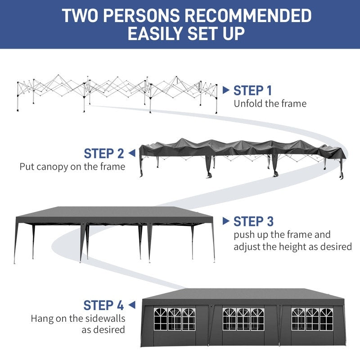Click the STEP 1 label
[252, 90]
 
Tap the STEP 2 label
[103, 153]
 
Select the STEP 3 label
[253, 221]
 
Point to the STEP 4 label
[103, 305]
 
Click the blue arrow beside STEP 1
[226, 90]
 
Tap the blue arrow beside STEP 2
[131, 153]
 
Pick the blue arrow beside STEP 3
[226, 221]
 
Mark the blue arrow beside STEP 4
[131, 305]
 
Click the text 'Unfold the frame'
[270, 103]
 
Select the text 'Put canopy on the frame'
[72, 166]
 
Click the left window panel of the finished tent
[175, 319]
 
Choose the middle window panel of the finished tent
[243, 319]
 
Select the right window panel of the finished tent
[312, 319]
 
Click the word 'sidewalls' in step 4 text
[104, 319]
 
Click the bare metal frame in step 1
[117, 90]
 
